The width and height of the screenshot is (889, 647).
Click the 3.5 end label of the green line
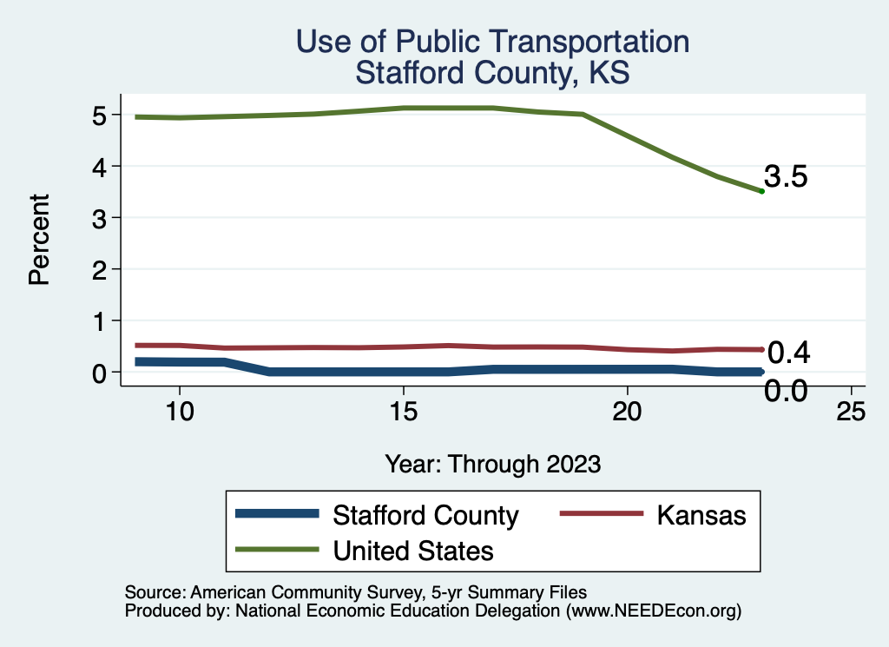(x=786, y=177)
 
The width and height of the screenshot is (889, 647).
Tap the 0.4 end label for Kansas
(x=788, y=353)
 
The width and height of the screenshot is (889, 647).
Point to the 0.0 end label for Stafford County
(x=786, y=391)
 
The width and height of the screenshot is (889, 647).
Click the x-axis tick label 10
(x=179, y=411)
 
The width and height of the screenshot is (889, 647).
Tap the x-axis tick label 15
(x=403, y=411)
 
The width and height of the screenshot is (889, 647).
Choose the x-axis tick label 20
(x=627, y=411)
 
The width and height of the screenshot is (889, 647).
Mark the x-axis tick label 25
(x=851, y=411)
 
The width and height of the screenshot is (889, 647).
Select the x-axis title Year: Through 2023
(x=493, y=464)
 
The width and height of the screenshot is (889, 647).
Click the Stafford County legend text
(x=425, y=515)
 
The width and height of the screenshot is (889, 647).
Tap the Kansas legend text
(x=701, y=515)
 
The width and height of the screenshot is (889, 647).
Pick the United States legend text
(x=413, y=550)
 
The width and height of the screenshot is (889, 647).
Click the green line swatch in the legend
(x=278, y=550)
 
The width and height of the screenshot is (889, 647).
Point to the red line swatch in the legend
(x=602, y=515)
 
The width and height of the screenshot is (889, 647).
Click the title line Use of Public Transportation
(x=492, y=42)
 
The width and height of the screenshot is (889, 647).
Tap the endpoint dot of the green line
(x=761, y=191)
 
